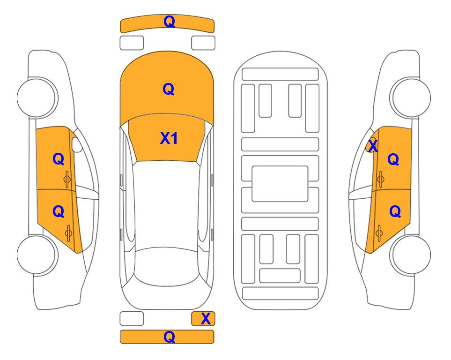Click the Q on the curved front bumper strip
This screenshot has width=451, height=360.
pos(169,22)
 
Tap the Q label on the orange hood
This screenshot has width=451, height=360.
pos(169,89)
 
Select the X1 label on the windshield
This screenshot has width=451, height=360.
pos(169,138)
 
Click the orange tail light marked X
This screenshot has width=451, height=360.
pos(203,319)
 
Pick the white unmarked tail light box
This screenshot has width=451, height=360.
pos(132,319)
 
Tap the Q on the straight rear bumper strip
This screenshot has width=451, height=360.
pos(169,337)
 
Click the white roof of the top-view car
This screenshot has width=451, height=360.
pos(167,204)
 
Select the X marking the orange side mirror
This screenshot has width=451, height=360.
pos(373,146)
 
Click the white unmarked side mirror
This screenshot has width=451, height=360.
pos(77,145)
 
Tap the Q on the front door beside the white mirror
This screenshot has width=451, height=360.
pos(59,159)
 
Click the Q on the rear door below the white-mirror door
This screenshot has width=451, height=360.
pos(59,212)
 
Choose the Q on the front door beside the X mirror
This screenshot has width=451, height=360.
pos(393,159)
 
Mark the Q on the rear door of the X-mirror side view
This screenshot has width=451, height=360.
pos(395,212)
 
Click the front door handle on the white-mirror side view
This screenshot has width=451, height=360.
pos(67,180)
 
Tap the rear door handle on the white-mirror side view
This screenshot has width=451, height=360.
pos(68,233)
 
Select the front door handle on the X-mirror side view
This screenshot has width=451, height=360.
pos(381,180)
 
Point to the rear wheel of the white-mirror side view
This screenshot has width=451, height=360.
pos(37,255)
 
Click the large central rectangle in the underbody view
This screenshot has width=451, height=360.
pos(280,184)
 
